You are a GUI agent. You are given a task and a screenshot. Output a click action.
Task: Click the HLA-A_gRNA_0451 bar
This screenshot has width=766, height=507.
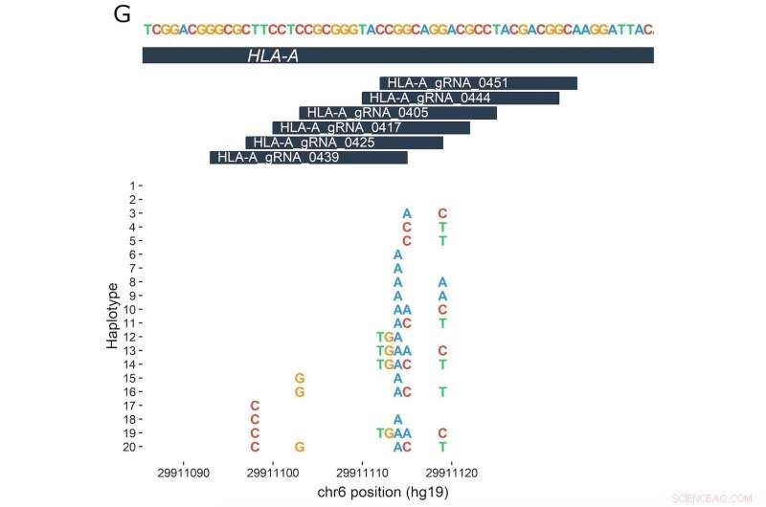tap(478, 83)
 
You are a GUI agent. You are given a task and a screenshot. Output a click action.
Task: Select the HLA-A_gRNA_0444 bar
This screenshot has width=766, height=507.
tap(461, 98)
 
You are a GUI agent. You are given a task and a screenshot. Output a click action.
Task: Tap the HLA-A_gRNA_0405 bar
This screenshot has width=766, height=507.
tap(398, 113)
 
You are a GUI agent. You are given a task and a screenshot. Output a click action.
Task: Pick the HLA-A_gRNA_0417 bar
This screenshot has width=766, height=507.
tap(372, 127)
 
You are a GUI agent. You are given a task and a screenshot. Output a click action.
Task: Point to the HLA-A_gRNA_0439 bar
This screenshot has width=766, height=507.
tap(308, 157)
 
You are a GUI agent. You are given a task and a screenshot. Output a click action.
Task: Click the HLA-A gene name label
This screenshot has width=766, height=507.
tap(273, 56)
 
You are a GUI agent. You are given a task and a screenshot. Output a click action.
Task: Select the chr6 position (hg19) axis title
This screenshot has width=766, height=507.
tap(383, 492)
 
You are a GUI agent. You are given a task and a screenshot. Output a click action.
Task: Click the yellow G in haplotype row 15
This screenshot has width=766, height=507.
tap(300, 378)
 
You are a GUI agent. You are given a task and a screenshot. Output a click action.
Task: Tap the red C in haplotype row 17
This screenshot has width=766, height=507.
tap(255, 406)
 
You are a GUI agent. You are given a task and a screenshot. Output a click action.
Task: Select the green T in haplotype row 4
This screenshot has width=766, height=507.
tap(442, 228)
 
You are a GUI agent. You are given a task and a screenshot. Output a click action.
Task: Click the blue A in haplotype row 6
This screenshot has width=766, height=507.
tap(397, 254)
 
